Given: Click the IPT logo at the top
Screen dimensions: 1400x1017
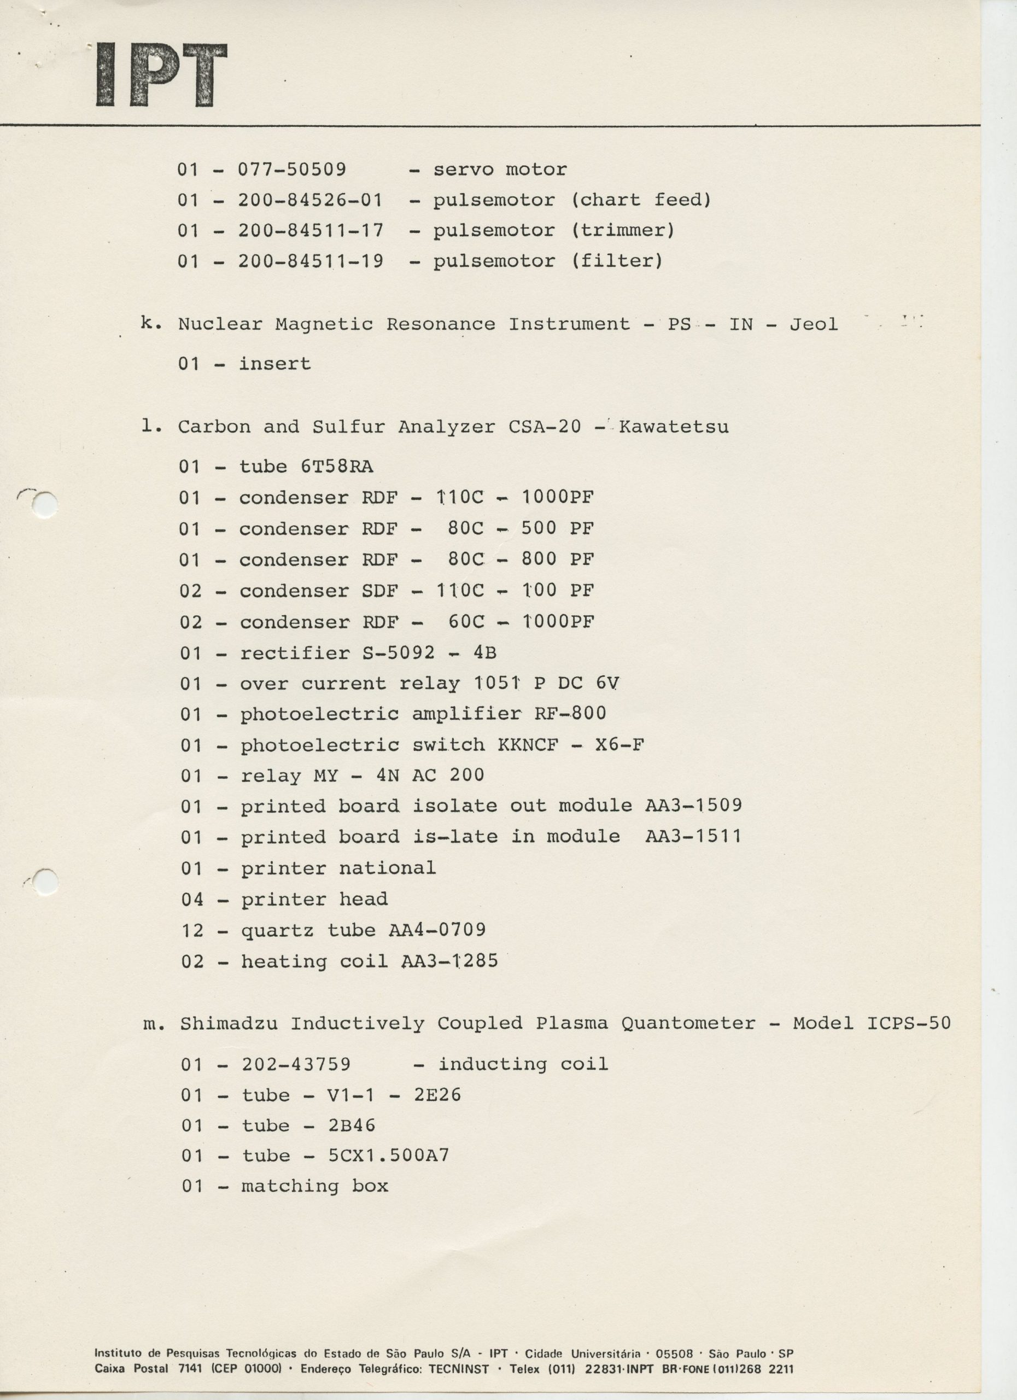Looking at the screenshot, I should tap(162, 75).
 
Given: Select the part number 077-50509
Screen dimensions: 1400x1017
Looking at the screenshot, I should tap(292, 169).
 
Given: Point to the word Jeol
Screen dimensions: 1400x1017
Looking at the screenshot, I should tap(814, 324).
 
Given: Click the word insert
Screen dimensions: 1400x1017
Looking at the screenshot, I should tap(274, 364).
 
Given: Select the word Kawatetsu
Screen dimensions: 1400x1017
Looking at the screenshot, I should tap(673, 427).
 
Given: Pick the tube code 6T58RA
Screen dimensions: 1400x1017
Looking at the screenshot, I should tap(337, 466).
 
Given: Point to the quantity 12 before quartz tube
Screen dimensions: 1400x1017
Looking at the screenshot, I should tap(192, 930).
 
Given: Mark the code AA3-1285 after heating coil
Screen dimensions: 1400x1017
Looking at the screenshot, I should tap(449, 961).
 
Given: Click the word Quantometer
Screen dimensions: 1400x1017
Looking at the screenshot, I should tap(688, 1023).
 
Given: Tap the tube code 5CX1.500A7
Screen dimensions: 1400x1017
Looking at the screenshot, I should tap(389, 1156).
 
